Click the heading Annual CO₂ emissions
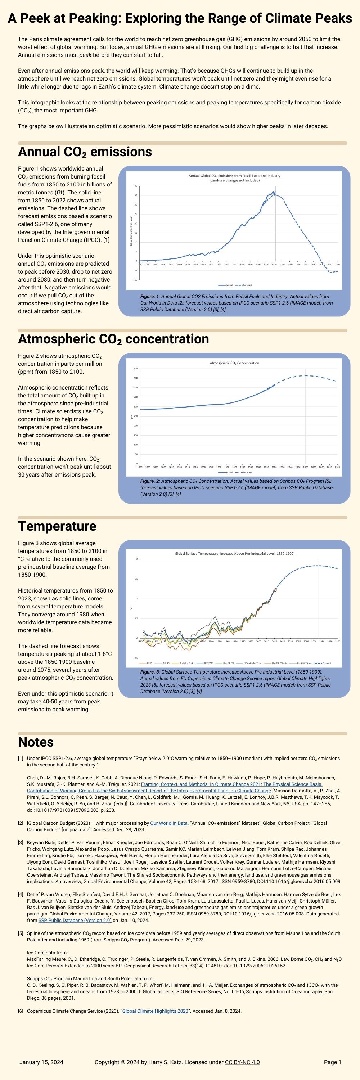tap(85, 152)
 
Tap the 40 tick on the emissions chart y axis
tap(136, 186)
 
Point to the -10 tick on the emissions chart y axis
tap(135, 280)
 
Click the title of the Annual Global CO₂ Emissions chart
tap(234, 176)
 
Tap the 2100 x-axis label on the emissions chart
tap(337, 265)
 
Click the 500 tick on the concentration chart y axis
tap(135, 369)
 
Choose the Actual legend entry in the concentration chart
tap(228, 472)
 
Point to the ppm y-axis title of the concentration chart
tap(132, 416)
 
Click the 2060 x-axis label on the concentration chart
tap(306, 467)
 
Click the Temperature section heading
tap(57, 526)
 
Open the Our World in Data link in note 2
tap(168, 823)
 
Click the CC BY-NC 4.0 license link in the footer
tap(242, 1062)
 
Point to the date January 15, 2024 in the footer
tap(41, 1062)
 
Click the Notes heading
tap(36, 742)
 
